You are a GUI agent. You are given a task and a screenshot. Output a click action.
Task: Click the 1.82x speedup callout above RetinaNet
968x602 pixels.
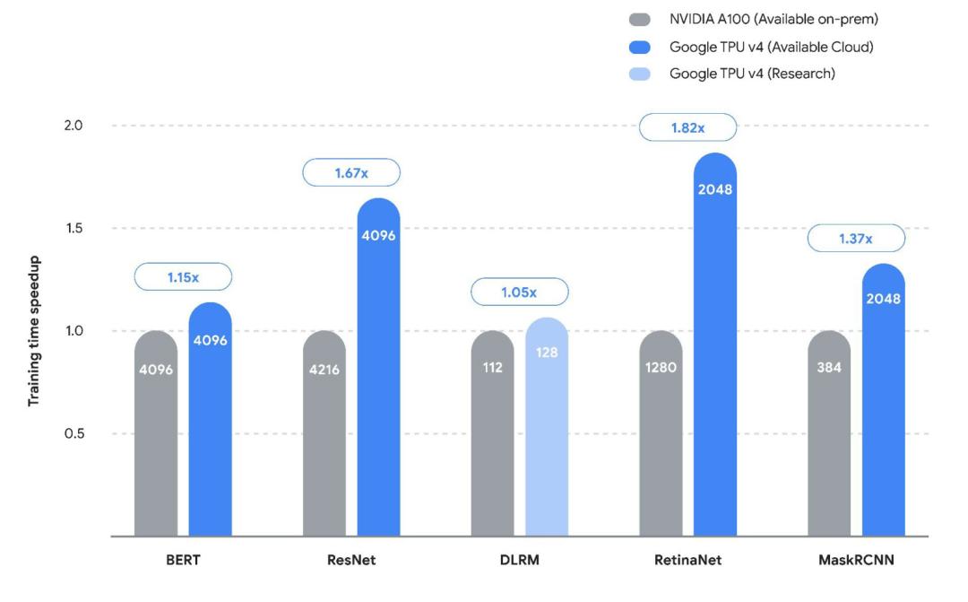[x=687, y=128]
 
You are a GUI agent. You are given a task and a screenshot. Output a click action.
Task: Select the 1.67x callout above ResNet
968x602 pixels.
[x=351, y=173]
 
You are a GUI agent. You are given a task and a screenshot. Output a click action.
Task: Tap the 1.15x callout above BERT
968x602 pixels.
[x=183, y=277]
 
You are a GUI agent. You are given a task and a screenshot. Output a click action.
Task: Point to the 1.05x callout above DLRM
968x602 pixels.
[x=520, y=292]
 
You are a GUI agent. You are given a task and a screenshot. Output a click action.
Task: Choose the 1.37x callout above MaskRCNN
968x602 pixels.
[x=856, y=239]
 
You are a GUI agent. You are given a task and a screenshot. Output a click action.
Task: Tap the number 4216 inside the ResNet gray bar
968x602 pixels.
[x=324, y=369]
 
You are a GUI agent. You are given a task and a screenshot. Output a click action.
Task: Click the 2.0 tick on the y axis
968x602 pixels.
[x=73, y=125]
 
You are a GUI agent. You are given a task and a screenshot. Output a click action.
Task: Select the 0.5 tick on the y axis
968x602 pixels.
[x=73, y=433]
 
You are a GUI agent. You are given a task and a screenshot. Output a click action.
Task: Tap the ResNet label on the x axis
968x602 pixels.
[x=351, y=560]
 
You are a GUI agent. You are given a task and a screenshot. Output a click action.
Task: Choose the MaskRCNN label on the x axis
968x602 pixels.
[x=856, y=560]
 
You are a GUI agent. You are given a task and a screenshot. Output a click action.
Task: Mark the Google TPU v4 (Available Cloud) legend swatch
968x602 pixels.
[x=640, y=47]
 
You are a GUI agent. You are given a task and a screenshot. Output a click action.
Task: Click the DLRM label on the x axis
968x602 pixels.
[x=520, y=560]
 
